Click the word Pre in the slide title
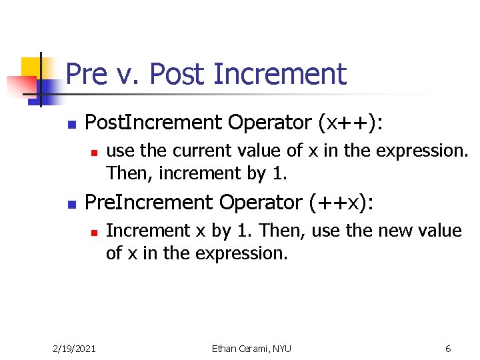87,74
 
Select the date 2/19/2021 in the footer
74,349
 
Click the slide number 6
448,349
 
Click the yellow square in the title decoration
32,67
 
